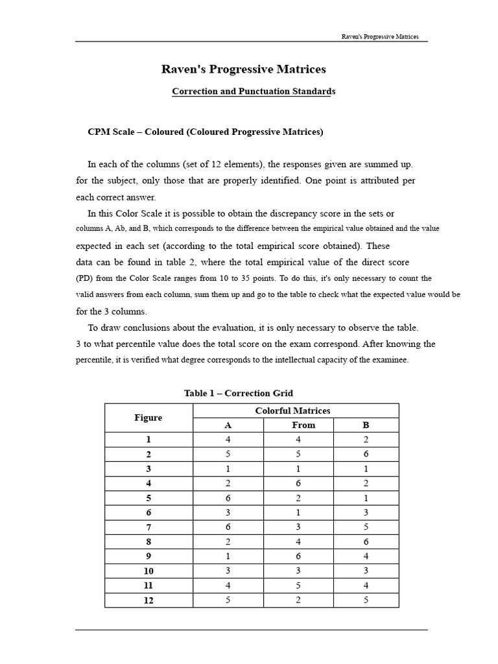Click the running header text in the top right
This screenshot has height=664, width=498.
(x=380, y=36)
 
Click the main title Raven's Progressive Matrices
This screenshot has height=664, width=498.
(x=243, y=69)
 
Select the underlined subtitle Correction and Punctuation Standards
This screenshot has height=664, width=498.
(x=254, y=91)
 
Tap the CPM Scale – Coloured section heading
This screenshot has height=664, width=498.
(x=205, y=132)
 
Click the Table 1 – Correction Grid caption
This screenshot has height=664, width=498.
(x=239, y=393)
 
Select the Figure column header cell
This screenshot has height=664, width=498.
(x=148, y=418)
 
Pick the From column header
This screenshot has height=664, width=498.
(x=303, y=425)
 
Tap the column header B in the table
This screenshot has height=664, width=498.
(x=366, y=425)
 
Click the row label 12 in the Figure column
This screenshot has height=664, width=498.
(x=148, y=600)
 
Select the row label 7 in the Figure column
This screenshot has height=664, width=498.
(x=148, y=527)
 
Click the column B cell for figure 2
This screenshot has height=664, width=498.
(x=366, y=454)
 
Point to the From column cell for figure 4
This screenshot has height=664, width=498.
(x=298, y=483)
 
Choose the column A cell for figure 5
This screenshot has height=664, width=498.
(x=228, y=497)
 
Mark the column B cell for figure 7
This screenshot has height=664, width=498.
(x=366, y=527)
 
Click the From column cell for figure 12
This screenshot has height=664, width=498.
(x=298, y=600)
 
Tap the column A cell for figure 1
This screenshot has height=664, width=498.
(x=228, y=439)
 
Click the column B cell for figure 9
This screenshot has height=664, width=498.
(x=366, y=556)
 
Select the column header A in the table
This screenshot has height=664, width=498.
(x=228, y=425)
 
